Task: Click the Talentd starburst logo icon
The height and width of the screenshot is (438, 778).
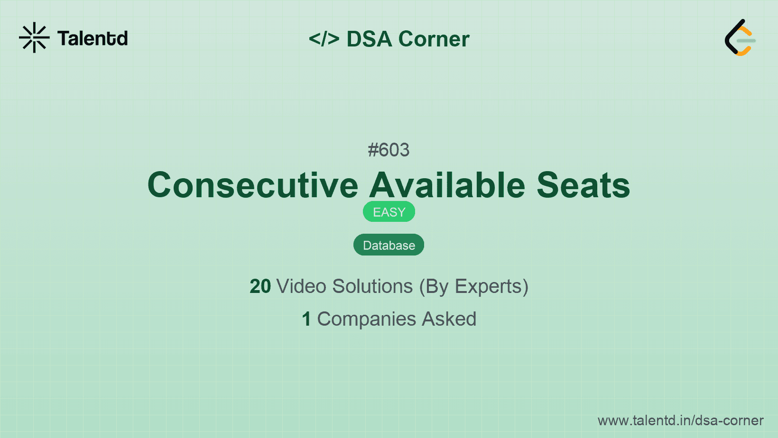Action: coord(34,37)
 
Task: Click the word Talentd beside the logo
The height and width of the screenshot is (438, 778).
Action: coord(93,38)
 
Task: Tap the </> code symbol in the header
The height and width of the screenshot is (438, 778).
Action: coord(324,38)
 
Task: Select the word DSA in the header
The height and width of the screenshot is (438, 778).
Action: coord(369,39)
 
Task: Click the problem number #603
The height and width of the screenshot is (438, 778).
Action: coord(389,150)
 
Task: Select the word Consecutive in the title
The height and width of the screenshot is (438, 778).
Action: coord(252,185)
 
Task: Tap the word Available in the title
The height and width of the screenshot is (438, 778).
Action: coord(447,185)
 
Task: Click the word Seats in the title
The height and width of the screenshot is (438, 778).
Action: coord(583,185)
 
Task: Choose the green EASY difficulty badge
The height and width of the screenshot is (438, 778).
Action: coord(389,212)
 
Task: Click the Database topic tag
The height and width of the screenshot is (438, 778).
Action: coord(389,245)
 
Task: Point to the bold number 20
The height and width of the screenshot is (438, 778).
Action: coord(260,286)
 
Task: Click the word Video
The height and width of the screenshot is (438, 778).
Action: coord(301,286)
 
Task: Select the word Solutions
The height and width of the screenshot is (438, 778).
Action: coord(373,286)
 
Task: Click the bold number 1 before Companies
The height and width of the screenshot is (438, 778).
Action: coord(306,319)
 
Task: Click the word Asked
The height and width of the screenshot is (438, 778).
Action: coord(449,319)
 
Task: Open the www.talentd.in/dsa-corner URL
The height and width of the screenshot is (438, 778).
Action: coord(680,420)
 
